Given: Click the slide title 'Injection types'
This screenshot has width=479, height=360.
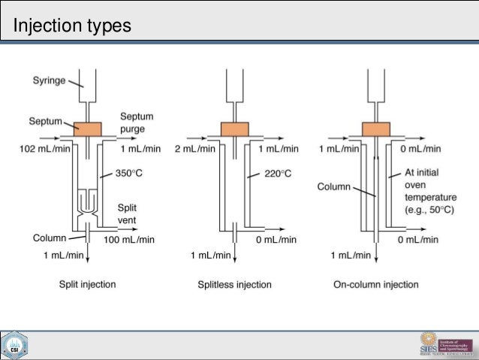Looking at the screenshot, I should [73, 26].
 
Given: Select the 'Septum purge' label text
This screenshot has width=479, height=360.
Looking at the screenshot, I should [137, 123].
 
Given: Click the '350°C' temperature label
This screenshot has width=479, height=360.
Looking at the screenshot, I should [130, 173].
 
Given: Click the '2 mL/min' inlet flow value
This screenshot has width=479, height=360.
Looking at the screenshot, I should [194, 149].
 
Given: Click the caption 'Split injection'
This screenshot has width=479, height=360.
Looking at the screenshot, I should [87, 285].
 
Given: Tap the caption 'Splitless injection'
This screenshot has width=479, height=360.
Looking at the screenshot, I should [234, 285].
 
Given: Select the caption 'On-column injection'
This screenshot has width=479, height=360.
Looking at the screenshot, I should [375, 285].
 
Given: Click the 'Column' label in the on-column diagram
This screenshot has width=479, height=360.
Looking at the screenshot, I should [333, 185].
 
